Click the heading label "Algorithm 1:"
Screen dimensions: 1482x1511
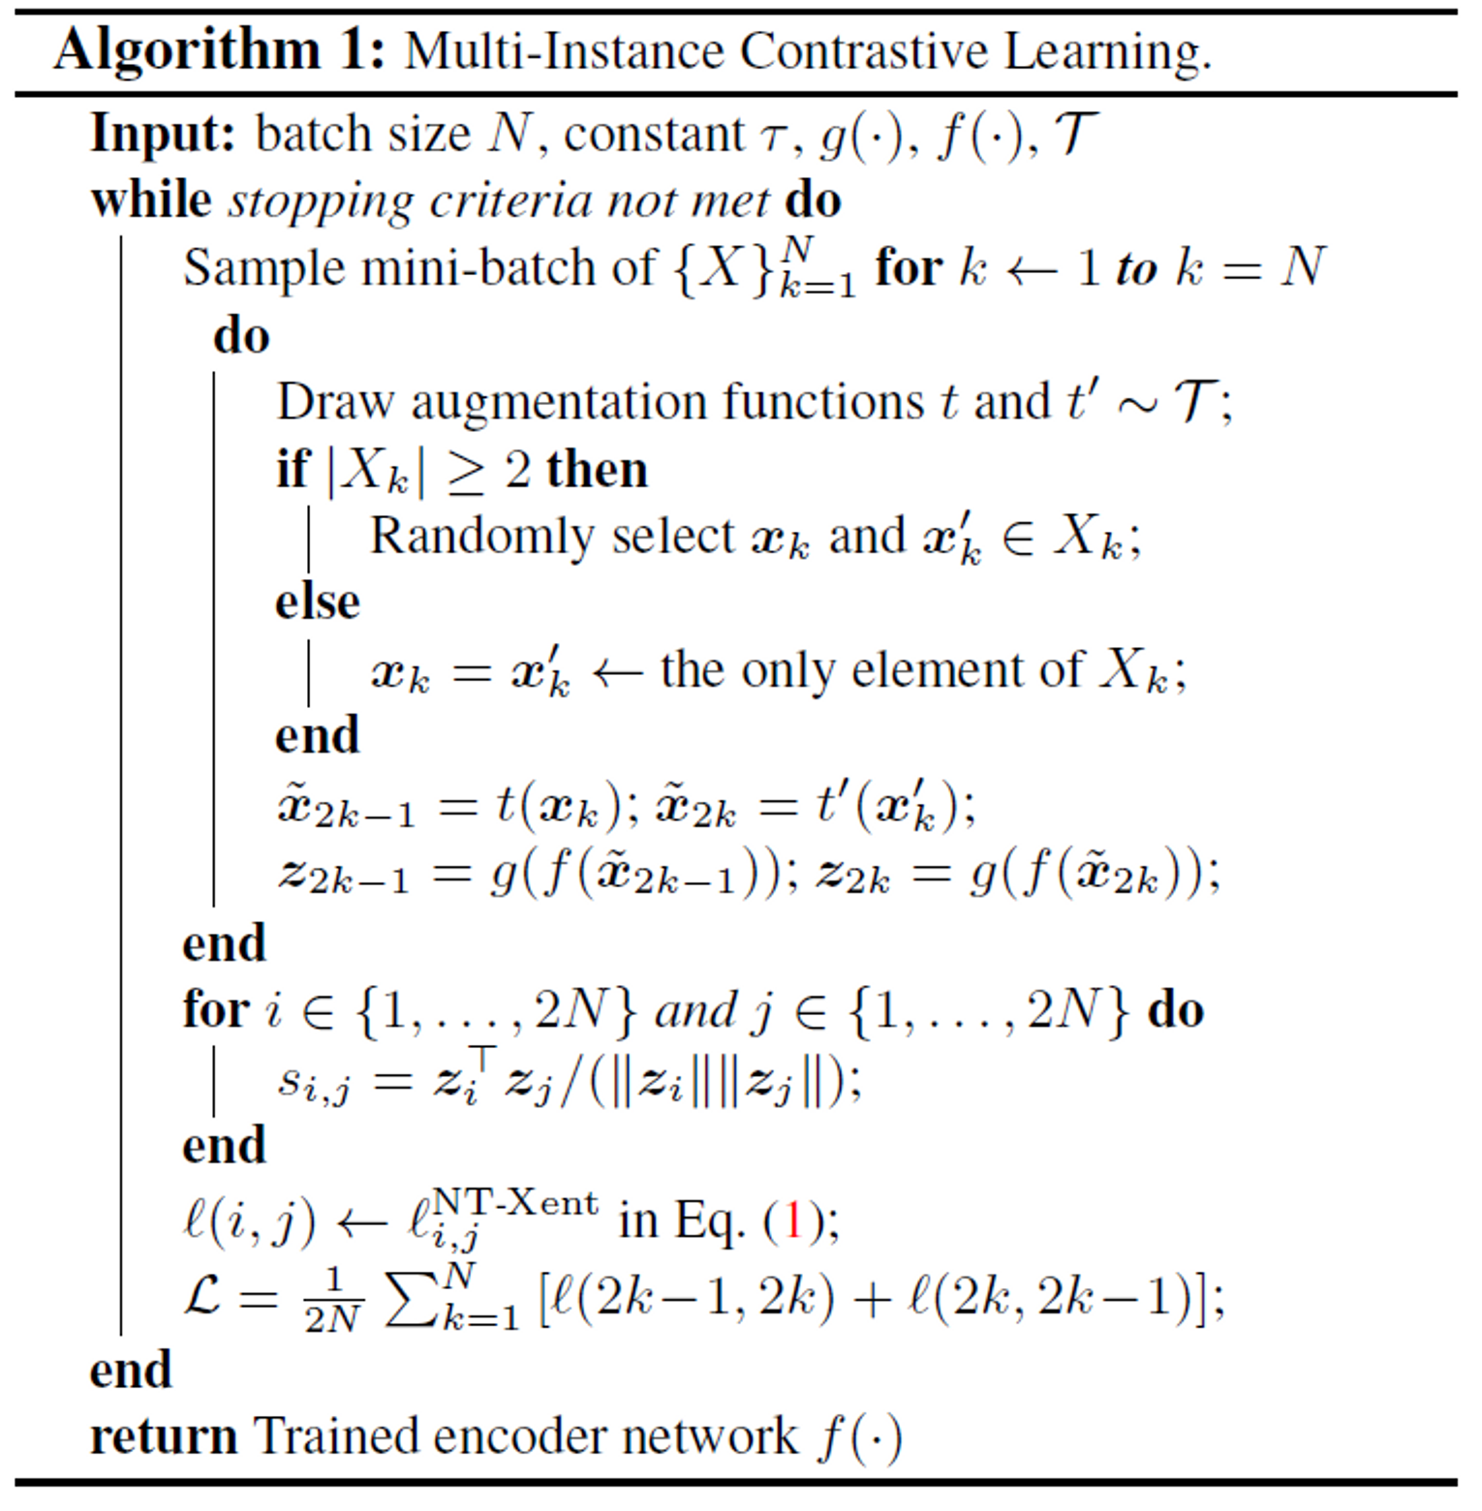[x=220, y=50]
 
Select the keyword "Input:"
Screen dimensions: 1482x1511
[x=163, y=134]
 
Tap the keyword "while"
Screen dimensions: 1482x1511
[x=151, y=200]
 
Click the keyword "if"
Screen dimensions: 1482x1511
[x=293, y=469]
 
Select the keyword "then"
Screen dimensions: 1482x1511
[x=597, y=469]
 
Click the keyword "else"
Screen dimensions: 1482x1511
[x=318, y=602]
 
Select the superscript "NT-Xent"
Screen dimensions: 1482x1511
[x=515, y=1203]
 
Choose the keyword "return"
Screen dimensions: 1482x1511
[x=163, y=1436]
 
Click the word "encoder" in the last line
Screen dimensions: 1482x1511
[x=519, y=1436]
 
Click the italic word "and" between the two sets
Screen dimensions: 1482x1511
[x=695, y=1011]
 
